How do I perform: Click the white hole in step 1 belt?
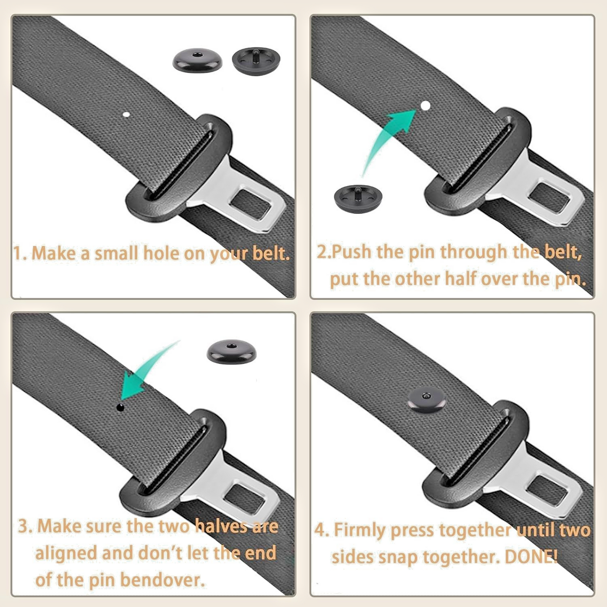click(126, 114)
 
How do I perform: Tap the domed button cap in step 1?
click(197, 60)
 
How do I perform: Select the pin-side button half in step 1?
click(256, 61)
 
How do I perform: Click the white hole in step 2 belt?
click(425, 105)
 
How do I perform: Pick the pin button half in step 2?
click(358, 198)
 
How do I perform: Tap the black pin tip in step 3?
click(120, 407)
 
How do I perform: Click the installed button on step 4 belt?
click(426, 399)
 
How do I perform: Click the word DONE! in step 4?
click(531, 557)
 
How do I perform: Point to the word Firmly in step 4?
click(360, 530)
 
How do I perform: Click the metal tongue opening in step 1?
click(251, 205)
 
